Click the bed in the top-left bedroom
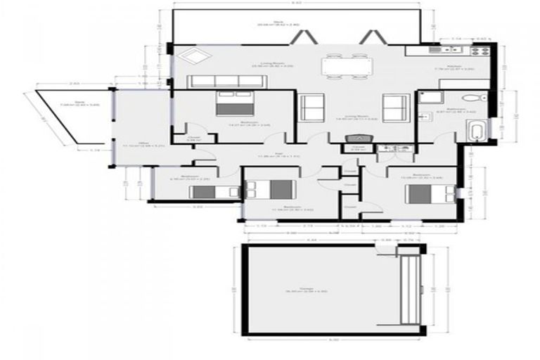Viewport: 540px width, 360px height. coord(235,104)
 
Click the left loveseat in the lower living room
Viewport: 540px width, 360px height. coord(311,108)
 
